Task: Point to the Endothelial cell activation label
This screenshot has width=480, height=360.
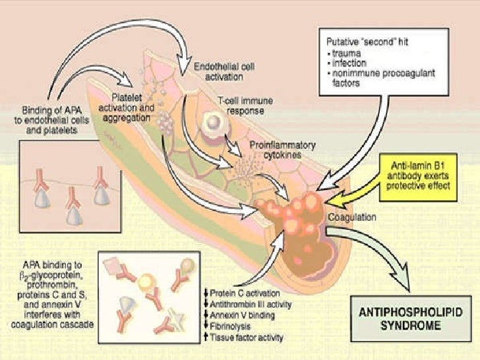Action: point(220,72)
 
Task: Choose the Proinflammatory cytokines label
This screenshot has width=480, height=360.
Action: point(282,148)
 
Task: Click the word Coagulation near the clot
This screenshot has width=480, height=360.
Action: point(352,216)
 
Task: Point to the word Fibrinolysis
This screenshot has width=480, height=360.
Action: point(228,326)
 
